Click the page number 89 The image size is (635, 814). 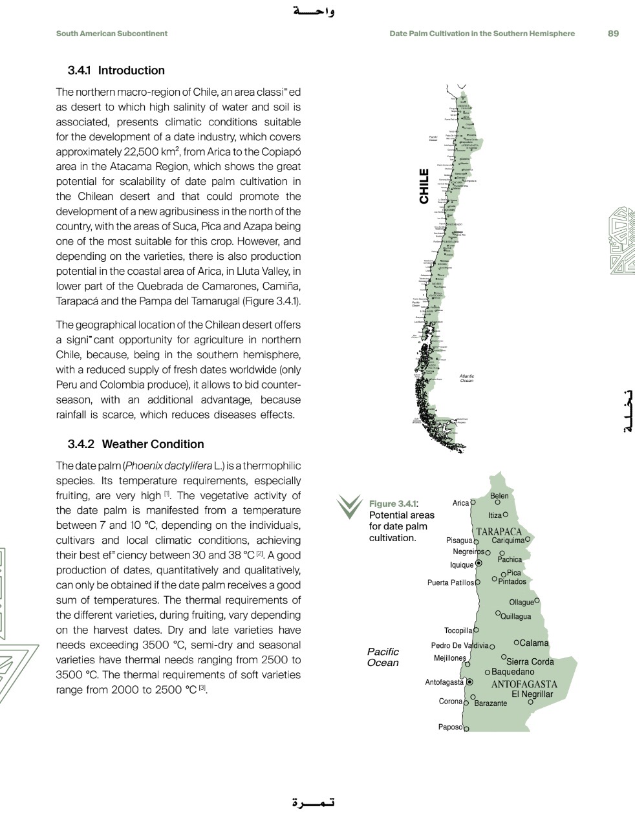pyautogui.click(x=613, y=34)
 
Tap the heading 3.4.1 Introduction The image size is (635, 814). pyautogui.click(x=116, y=70)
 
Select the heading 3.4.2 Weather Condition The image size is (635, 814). pyautogui.click(x=136, y=444)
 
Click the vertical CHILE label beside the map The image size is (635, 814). pyautogui.click(x=424, y=186)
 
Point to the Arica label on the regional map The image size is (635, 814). pyautogui.click(x=460, y=503)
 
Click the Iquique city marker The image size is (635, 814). pyautogui.click(x=479, y=564)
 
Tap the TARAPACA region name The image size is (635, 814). pyautogui.click(x=499, y=532)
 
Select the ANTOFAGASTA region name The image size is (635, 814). pyautogui.click(x=524, y=684)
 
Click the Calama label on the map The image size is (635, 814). pyautogui.click(x=533, y=643)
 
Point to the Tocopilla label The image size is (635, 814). pyautogui.click(x=458, y=630)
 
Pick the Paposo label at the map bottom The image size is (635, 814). pyautogui.click(x=450, y=727)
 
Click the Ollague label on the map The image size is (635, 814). pyautogui.click(x=521, y=602)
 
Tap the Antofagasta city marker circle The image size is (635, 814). pyautogui.click(x=469, y=682)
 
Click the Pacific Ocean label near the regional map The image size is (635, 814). pyautogui.click(x=383, y=657)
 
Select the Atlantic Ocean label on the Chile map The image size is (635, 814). pyautogui.click(x=467, y=378)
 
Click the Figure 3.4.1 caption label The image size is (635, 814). pyautogui.click(x=393, y=504)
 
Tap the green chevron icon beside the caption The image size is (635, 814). pyautogui.click(x=349, y=506)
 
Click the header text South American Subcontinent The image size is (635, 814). pyautogui.click(x=111, y=34)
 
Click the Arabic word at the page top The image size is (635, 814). pyautogui.click(x=314, y=11)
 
